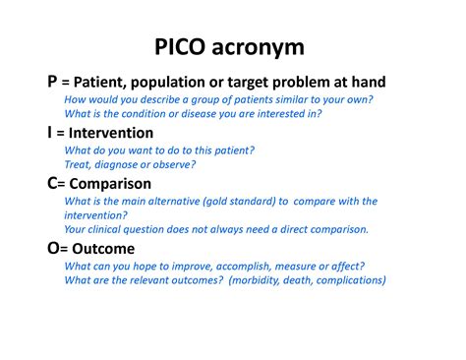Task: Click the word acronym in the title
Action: [264, 46]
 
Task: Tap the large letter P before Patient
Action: [52, 82]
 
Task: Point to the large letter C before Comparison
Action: [53, 183]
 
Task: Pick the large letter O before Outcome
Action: [54, 248]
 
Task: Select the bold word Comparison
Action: [113, 184]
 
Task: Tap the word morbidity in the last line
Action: [253, 279]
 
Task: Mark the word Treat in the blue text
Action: [79, 163]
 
